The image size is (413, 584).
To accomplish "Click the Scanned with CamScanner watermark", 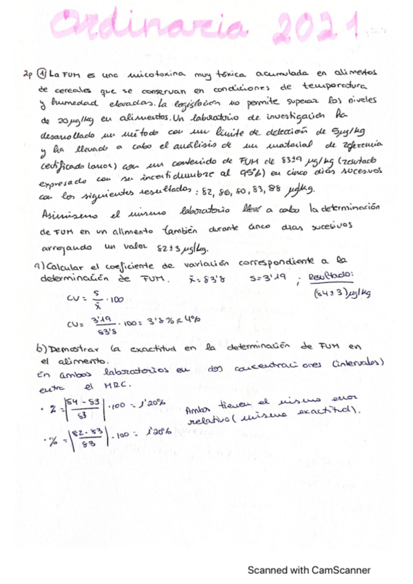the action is point(309,570).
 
